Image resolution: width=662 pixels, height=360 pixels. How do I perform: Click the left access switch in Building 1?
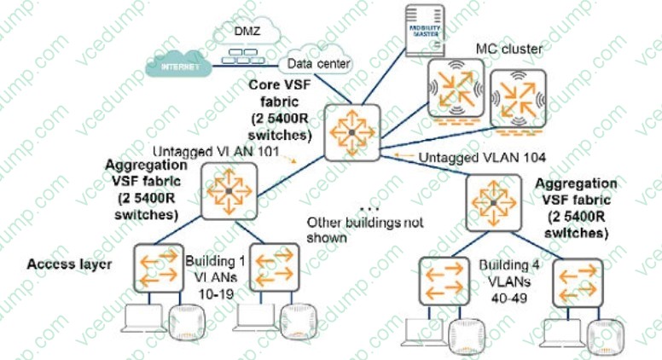(156, 268)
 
